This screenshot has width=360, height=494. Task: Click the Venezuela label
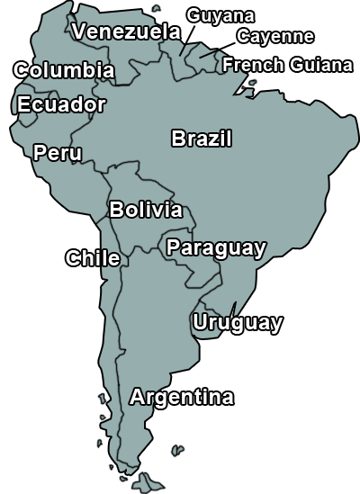click(127, 31)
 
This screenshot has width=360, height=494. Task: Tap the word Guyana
click(220, 15)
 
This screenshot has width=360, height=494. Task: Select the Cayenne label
click(275, 36)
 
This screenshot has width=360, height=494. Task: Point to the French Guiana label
click(288, 65)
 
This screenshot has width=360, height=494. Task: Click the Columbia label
click(64, 70)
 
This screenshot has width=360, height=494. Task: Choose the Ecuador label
click(61, 104)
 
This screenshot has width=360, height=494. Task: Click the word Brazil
click(202, 139)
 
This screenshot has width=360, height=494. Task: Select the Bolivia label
click(146, 210)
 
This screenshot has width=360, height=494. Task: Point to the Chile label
click(93, 258)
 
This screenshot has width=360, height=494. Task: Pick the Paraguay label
click(216, 247)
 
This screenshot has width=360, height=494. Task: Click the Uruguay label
click(238, 322)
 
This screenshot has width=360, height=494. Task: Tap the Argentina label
click(182, 397)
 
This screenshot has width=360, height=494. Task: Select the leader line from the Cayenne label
click(216, 50)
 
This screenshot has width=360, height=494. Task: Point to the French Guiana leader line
click(241, 85)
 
